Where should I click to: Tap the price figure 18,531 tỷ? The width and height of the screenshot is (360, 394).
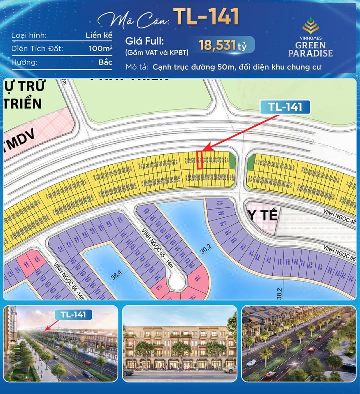click(x=223, y=45)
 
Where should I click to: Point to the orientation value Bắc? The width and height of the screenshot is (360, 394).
click(x=105, y=63)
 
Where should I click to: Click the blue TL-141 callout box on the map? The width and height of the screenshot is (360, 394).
click(x=285, y=106)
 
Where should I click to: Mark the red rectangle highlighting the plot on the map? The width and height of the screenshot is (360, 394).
click(x=200, y=160)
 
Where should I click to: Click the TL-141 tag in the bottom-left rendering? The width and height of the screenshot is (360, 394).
click(x=73, y=314)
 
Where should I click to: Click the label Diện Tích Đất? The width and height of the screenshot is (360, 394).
click(x=35, y=49)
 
